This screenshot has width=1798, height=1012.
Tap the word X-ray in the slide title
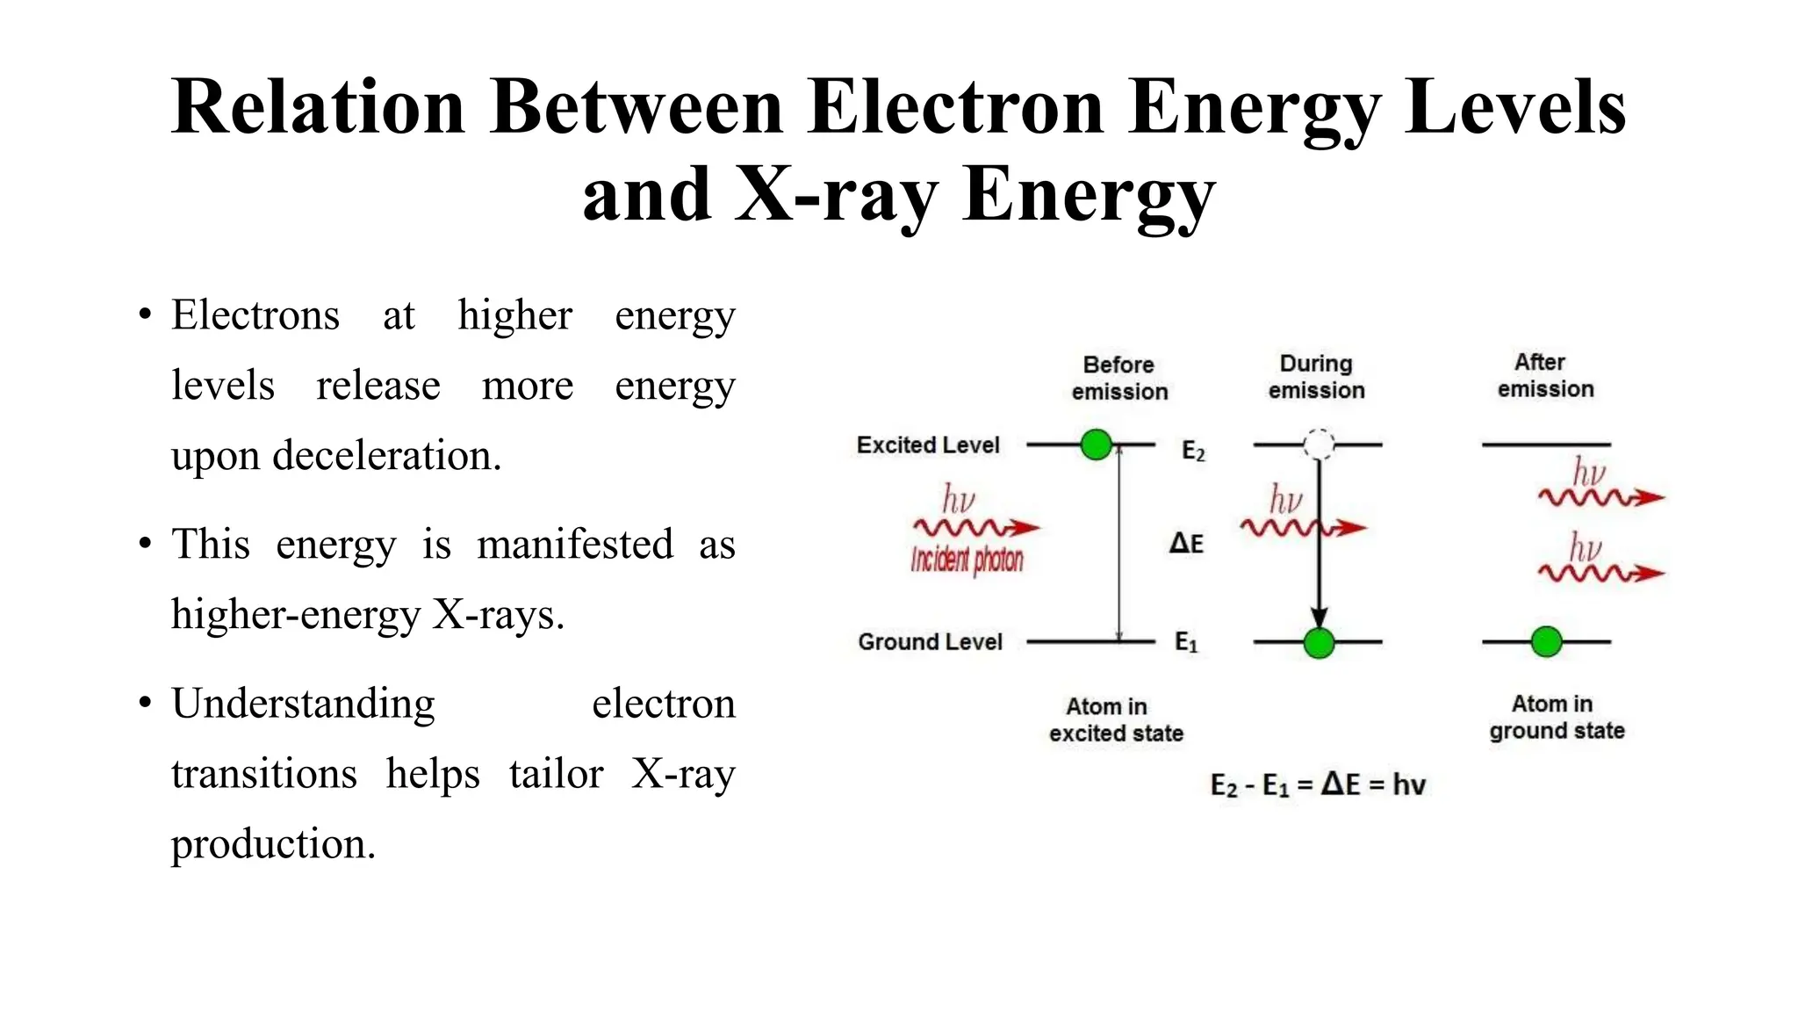coord(834,195)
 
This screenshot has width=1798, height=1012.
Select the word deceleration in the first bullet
coord(386,456)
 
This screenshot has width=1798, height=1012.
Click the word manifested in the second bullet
coord(575,545)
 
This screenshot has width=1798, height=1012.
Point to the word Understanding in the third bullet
coord(303,704)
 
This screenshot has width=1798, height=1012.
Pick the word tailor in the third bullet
coord(556,774)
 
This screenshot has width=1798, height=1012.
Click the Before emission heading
coord(1119,378)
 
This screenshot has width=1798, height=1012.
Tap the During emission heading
coord(1316,377)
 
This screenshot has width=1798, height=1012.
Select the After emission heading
coord(1545,375)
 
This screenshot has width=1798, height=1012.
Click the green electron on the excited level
coord(1097,445)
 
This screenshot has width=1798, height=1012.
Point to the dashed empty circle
coord(1319,445)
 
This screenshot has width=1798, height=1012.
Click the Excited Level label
coord(928,445)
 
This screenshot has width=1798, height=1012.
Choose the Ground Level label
coord(930,642)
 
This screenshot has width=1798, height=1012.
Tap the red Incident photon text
coord(967,560)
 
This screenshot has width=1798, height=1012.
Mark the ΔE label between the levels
coord(1186,543)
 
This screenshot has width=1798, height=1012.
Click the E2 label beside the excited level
coord(1193,452)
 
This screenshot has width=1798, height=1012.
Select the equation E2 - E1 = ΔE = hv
coord(1318,784)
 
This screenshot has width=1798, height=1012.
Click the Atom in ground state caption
coord(1556,717)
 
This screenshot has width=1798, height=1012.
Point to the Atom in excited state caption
coord(1116,719)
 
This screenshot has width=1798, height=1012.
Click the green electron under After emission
coord(1546,642)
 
